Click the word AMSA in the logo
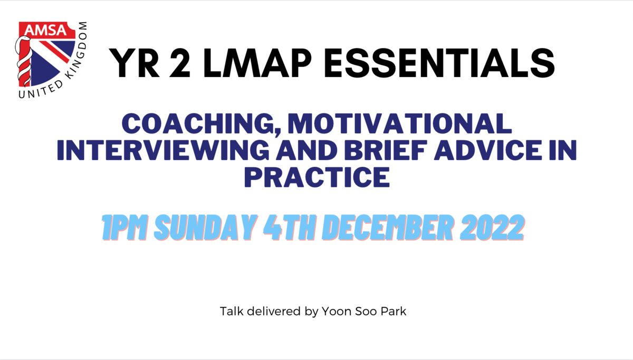pos(46,30)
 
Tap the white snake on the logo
pos(23,61)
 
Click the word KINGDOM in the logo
pos(76,50)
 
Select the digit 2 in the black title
pos(180,63)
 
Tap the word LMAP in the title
pos(257,63)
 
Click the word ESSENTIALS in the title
pos(439,63)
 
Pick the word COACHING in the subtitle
pos(201,124)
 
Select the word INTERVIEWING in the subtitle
pos(163,150)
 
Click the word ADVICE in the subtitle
pos(488,150)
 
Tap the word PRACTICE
pos(317,177)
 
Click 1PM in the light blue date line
pos(124,228)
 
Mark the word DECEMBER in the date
pos(388,228)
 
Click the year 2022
pos(492,228)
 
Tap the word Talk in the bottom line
pos(232,311)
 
